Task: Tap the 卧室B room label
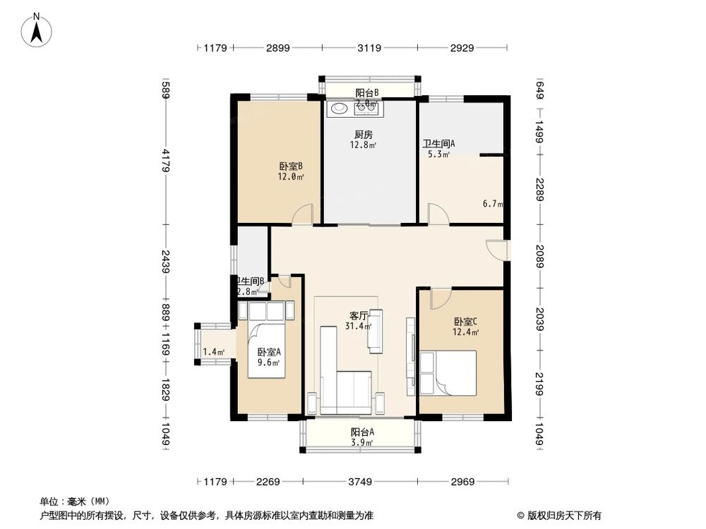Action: [x=291, y=166]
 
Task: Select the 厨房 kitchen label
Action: [x=363, y=135]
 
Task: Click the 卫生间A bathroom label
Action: [x=438, y=144]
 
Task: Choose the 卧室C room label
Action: [x=466, y=322]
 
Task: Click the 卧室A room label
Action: [x=268, y=352]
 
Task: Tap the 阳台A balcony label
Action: [x=362, y=432]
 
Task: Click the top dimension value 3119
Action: [x=369, y=48]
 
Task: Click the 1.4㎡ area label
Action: [x=213, y=352]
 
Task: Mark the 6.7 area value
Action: [x=492, y=205]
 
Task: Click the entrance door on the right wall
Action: [x=498, y=250]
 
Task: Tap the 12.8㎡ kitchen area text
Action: [x=363, y=146]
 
